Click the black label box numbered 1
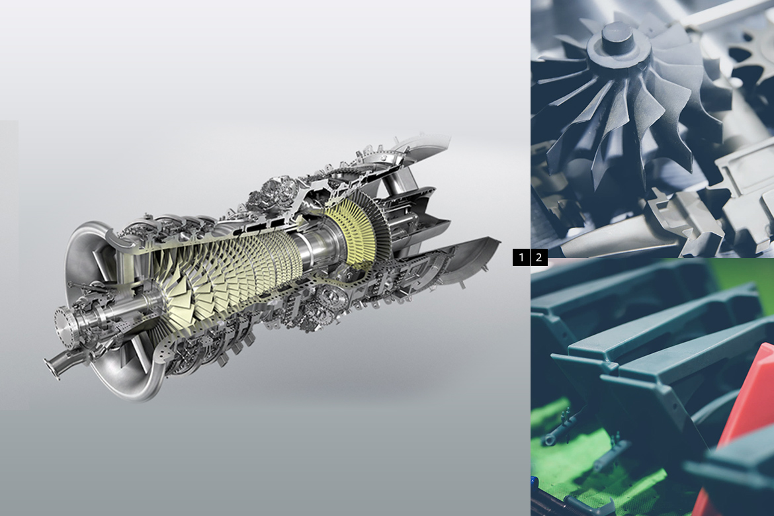521,257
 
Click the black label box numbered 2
539,257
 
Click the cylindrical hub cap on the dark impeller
618,40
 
